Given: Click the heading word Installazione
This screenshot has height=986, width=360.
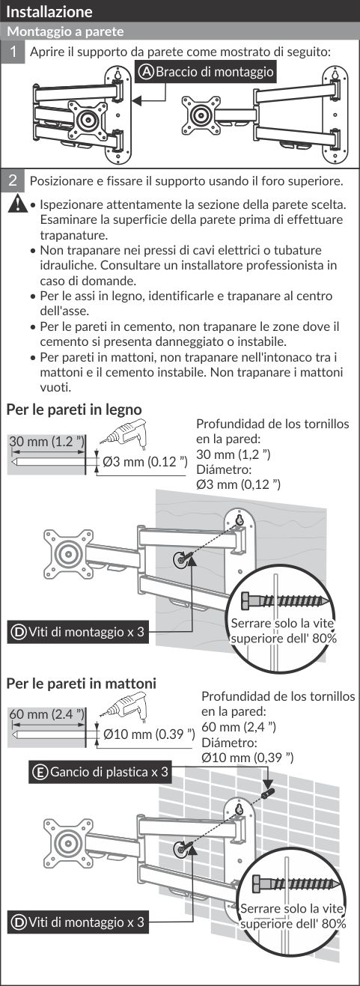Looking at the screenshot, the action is coord(49,11).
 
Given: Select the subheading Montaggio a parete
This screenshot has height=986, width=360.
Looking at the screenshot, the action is coord(66,31).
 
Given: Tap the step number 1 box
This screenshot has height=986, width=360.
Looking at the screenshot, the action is coord(13,52).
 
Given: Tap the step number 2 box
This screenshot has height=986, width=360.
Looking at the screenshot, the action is coord(13,180).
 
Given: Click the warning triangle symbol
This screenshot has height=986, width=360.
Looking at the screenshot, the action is coord(17,204).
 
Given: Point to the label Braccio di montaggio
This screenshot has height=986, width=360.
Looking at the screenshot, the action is coord(207,72).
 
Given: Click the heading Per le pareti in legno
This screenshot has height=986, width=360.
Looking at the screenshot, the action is coord(74,410).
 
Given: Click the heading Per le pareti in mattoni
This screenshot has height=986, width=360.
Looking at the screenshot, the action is coord(82,683).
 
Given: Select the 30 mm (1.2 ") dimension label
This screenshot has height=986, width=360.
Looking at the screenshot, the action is coord(46,442).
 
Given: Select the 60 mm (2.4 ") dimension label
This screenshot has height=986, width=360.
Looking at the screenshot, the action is coord(46,714).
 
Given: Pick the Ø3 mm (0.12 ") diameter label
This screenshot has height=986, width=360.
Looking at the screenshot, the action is coord(145,461).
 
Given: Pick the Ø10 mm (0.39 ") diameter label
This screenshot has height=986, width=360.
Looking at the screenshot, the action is coord(149,734).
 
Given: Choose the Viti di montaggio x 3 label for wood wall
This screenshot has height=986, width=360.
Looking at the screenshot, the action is coord(78,632).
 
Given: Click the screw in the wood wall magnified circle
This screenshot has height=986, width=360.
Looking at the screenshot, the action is coord(286,600).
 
